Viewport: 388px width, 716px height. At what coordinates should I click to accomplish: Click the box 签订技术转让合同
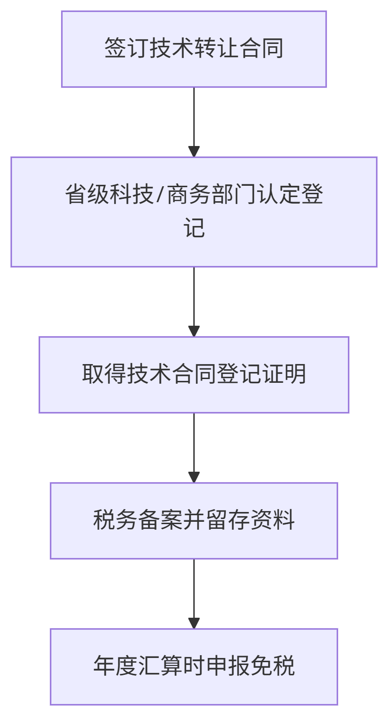coord(194,49)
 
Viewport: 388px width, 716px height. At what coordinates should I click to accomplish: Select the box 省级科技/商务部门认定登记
coord(194,212)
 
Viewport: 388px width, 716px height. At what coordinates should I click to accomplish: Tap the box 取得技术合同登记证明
coord(194,374)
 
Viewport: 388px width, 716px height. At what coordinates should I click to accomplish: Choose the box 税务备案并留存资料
coord(194,520)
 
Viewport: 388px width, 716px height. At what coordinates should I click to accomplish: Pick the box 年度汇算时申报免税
coord(194,666)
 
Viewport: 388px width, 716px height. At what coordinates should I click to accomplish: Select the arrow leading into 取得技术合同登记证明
coord(194,302)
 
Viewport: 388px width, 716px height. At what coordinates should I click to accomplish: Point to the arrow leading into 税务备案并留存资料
coord(194,448)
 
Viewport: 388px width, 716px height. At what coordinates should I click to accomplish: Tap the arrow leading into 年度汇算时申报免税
coord(194,594)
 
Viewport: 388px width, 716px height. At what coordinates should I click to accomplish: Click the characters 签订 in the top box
coord(127,49)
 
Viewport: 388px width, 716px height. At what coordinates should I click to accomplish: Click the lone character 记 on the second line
coord(194,228)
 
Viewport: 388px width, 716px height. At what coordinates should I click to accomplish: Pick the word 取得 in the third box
coord(104,374)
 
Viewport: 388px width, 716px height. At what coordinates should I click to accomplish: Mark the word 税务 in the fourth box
coord(115,520)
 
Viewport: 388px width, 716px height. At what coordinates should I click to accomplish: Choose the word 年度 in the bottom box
coord(115,666)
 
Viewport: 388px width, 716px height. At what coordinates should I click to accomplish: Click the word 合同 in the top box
coord(261,49)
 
